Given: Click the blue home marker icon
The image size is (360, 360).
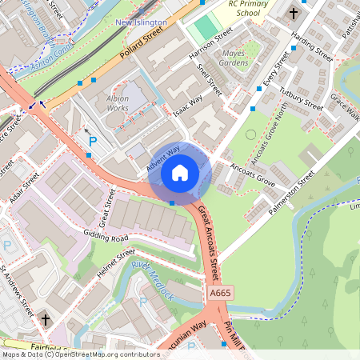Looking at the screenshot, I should (180, 172).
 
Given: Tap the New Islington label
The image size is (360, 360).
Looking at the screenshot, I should (142, 23).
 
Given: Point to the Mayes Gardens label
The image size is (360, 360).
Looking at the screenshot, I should (234, 57).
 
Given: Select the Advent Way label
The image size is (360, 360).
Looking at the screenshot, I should (162, 155).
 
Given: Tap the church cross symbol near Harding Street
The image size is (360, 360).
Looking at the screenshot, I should (293, 13).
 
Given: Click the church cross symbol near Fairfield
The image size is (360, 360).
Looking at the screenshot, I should (45, 319).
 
